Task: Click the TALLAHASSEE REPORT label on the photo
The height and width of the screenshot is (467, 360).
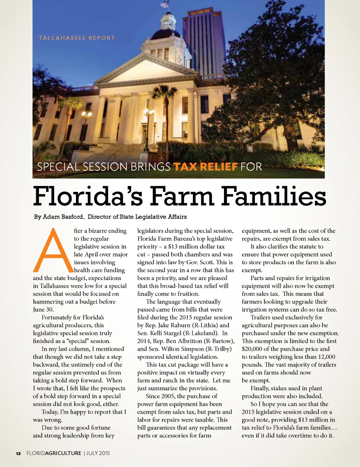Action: point(77,38)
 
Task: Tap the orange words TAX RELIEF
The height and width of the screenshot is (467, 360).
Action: point(205,166)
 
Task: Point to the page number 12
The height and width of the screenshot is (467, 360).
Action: point(18,453)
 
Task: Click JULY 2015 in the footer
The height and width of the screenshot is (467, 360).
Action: point(98,453)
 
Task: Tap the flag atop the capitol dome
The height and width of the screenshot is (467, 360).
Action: point(165,5)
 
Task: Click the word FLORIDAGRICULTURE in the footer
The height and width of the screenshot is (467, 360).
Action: point(54,453)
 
